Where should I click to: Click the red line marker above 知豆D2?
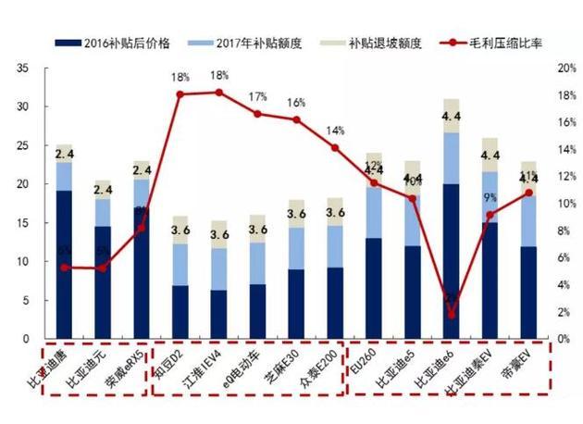coord(180,94)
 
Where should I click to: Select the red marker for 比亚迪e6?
coord(451,315)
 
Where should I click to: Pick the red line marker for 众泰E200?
coord(335,148)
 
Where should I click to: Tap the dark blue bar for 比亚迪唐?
coord(64,265)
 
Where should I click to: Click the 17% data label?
coord(257,97)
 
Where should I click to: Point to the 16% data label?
coord(296,103)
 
